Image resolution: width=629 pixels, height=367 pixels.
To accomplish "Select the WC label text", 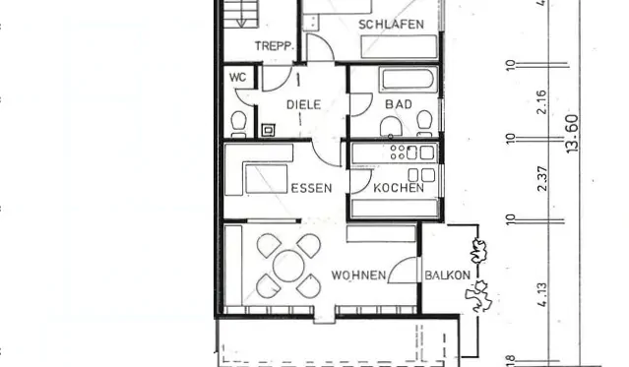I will (237, 77).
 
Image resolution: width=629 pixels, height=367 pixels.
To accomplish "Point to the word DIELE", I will (303, 104).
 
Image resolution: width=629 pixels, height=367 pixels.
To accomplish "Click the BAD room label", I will (399, 104).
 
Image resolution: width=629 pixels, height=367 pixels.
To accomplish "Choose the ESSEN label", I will (311, 187).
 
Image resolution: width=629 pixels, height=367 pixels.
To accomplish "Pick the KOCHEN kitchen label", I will (399, 187).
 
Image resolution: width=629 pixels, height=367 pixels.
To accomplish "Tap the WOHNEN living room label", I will (358, 275).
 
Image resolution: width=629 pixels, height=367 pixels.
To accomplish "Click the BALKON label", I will (447, 275).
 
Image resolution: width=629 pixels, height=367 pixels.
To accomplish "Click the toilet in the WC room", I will (237, 122).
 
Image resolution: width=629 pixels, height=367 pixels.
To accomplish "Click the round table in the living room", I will (288, 265).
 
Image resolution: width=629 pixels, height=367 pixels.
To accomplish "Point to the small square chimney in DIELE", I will (269, 128).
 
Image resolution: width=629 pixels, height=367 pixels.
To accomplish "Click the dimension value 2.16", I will (540, 100).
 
